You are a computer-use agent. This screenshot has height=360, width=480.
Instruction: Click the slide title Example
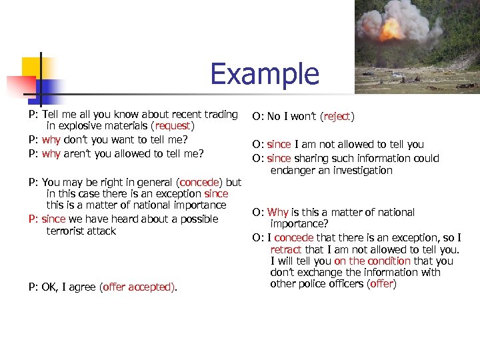tap(265, 73)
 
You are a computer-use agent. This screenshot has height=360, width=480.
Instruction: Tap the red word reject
tap(337, 117)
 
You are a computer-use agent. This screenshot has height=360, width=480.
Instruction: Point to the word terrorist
tap(68, 231)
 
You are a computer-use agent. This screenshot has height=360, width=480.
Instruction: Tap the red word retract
tap(286, 249)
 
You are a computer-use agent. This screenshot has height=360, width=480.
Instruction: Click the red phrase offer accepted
tap(138, 287)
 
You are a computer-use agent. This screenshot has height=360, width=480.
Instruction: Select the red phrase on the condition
tap(373, 261)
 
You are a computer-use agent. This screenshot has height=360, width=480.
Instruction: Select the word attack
tap(101, 231)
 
